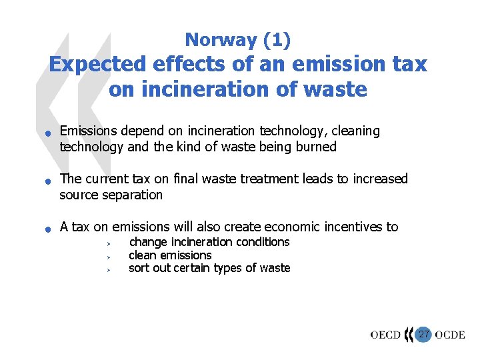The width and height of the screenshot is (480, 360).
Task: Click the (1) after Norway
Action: click(277, 40)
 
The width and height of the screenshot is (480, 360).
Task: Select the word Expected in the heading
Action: click(98, 64)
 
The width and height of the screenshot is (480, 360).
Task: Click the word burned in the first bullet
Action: click(315, 147)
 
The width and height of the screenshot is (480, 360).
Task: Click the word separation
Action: click(131, 195)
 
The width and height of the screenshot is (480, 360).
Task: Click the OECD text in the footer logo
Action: click(386, 335)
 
